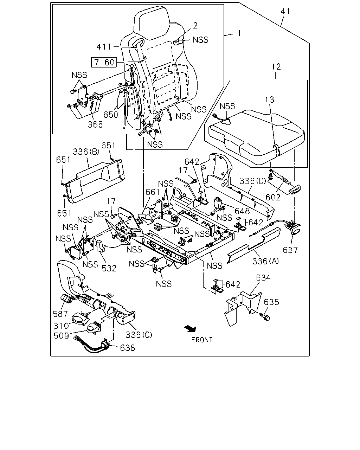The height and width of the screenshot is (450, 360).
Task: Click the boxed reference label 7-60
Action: click(x=104, y=62)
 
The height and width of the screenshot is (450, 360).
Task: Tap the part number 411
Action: click(x=104, y=47)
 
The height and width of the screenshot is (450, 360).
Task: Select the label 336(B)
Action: click(x=86, y=152)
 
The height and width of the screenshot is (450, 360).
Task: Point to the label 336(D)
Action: click(x=253, y=181)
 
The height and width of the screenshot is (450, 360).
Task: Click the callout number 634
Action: click(x=263, y=278)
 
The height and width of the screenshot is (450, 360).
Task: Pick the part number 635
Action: click(x=271, y=302)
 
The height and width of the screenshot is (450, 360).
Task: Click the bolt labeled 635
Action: click(x=264, y=317)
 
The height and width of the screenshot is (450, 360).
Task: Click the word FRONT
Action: click(x=202, y=340)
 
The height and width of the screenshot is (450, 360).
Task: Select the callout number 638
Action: click(x=128, y=348)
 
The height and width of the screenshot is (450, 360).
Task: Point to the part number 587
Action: click(x=60, y=314)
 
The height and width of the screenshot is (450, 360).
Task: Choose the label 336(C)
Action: click(x=139, y=335)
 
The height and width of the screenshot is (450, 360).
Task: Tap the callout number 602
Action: click(x=273, y=197)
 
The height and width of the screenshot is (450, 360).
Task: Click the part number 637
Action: click(x=290, y=250)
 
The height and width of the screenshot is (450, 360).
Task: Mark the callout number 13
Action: click(x=270, y=99)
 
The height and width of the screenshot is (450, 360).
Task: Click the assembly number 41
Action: click(x=285, y=11)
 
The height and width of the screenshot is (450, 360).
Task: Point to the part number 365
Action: click(x=95, y=124)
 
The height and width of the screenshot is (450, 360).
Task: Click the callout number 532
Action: click(x=109, y=268)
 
